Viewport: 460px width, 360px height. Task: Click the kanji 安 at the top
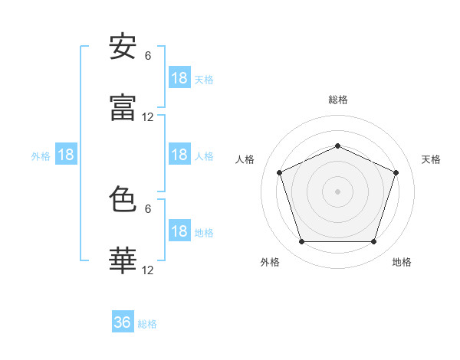(123, 47)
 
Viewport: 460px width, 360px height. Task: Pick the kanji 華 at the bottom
(123, 261)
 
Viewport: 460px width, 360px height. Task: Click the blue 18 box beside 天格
(179, 78)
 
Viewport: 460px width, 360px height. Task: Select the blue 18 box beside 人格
(179, 155)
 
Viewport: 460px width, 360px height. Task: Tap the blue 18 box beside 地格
(179, 232)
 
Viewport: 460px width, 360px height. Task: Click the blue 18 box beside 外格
(66, 155)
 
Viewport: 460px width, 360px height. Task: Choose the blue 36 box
(123, 322)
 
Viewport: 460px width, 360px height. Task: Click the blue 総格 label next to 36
(147, 324)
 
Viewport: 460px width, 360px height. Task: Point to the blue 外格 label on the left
(41, 155)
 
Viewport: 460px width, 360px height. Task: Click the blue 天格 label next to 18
(204, 79)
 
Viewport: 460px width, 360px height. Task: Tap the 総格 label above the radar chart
(337, 100)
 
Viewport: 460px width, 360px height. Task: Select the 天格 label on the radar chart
(431, 159)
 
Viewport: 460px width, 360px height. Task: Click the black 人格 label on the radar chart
(245, 159)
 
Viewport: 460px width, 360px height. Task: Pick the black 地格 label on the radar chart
(402, 262)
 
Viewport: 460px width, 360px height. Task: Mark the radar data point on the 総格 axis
(337, 145)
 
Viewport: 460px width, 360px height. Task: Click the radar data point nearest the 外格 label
(301, 242)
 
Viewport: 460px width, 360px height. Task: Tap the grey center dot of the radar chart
(337, 191)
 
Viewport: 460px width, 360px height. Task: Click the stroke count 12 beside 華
(148, 270)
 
